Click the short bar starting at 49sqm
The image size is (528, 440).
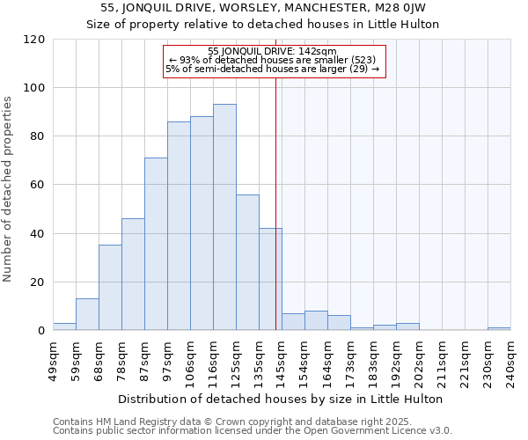click(x=64, y=326)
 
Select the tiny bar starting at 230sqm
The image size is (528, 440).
click(x=499, y=329)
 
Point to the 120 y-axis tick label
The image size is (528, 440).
click(x=34, y=40)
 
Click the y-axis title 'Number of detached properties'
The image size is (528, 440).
click(x=9, y=189)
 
